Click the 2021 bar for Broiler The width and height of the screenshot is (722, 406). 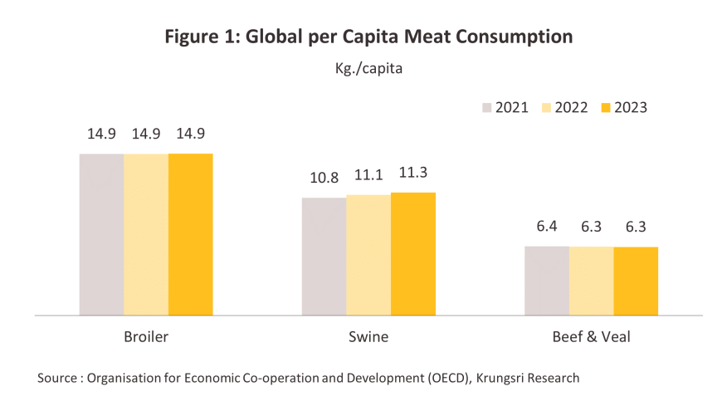101,234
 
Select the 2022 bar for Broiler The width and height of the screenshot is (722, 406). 146,234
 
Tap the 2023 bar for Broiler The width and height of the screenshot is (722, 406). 191,234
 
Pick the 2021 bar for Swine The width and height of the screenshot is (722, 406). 324,257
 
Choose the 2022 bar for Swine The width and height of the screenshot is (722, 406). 368,255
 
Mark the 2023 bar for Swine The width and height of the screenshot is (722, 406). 413,254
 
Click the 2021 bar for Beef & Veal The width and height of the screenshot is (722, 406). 546,281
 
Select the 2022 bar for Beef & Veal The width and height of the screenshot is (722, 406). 591,281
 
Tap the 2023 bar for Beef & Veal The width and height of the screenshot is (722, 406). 636,281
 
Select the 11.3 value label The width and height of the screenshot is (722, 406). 413,174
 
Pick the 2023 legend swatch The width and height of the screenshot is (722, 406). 605,108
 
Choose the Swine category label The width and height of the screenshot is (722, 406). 368,337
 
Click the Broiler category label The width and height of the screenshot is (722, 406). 146,337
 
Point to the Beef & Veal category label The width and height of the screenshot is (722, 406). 591,337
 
